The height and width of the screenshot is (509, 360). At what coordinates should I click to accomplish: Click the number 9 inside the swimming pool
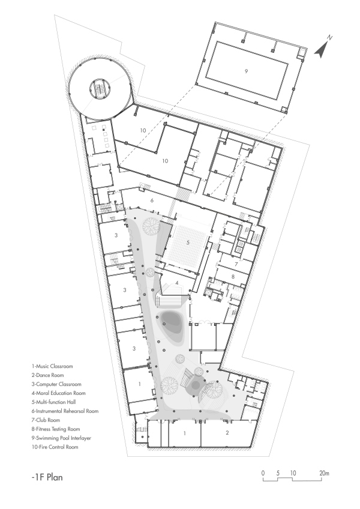246,71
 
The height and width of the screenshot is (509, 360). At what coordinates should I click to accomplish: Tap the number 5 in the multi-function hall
188,242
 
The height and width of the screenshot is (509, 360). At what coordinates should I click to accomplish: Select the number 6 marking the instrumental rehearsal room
152,200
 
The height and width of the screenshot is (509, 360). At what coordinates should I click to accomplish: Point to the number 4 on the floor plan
177,283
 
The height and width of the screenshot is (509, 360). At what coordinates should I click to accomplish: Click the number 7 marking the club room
236,264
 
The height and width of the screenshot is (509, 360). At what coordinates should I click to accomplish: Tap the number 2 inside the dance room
227,433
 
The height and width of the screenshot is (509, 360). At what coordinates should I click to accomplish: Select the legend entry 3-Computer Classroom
56,384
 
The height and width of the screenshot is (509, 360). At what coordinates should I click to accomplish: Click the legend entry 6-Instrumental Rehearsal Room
65,411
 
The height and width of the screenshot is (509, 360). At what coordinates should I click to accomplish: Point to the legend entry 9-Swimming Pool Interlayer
62,438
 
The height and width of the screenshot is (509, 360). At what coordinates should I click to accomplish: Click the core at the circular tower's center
98,89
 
